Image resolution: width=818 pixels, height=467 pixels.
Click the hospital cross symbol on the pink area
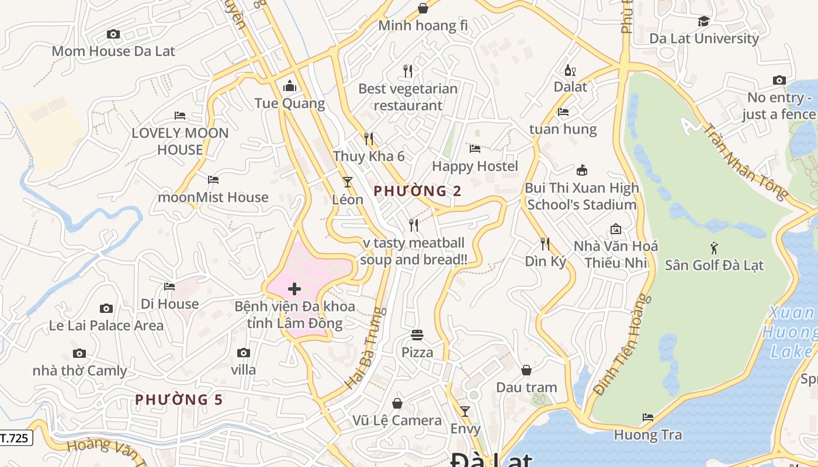pos(294,289)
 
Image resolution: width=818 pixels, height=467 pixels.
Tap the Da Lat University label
pos(704,39)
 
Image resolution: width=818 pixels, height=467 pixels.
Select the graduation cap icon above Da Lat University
pos(703,22)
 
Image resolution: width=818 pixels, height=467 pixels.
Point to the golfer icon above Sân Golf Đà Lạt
pos(714,248)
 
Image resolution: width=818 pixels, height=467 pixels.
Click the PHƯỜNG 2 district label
pos(417,191)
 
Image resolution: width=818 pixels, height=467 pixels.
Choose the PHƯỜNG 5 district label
pos(179,400)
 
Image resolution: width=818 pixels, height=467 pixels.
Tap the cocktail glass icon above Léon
pos(348,182)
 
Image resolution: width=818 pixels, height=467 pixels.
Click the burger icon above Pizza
pos(417,335)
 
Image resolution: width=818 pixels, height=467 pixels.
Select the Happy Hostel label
pos(475,166)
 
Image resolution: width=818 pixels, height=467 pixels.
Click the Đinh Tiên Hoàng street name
pos(622,344)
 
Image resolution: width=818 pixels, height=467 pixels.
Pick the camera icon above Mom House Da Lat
pos(113,34)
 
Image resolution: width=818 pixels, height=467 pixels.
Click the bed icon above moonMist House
pos(213,180)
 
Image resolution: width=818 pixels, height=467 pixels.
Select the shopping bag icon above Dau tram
pos(526,370)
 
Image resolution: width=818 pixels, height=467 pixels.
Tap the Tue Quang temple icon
pos(289,87)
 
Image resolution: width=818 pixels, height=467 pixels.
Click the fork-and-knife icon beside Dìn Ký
pos(545,243)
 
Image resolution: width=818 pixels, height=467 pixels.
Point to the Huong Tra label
pos(647,435)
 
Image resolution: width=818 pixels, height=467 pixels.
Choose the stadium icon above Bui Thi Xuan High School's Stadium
pos(581,170)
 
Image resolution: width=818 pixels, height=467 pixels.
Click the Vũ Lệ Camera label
pos(397,420)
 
